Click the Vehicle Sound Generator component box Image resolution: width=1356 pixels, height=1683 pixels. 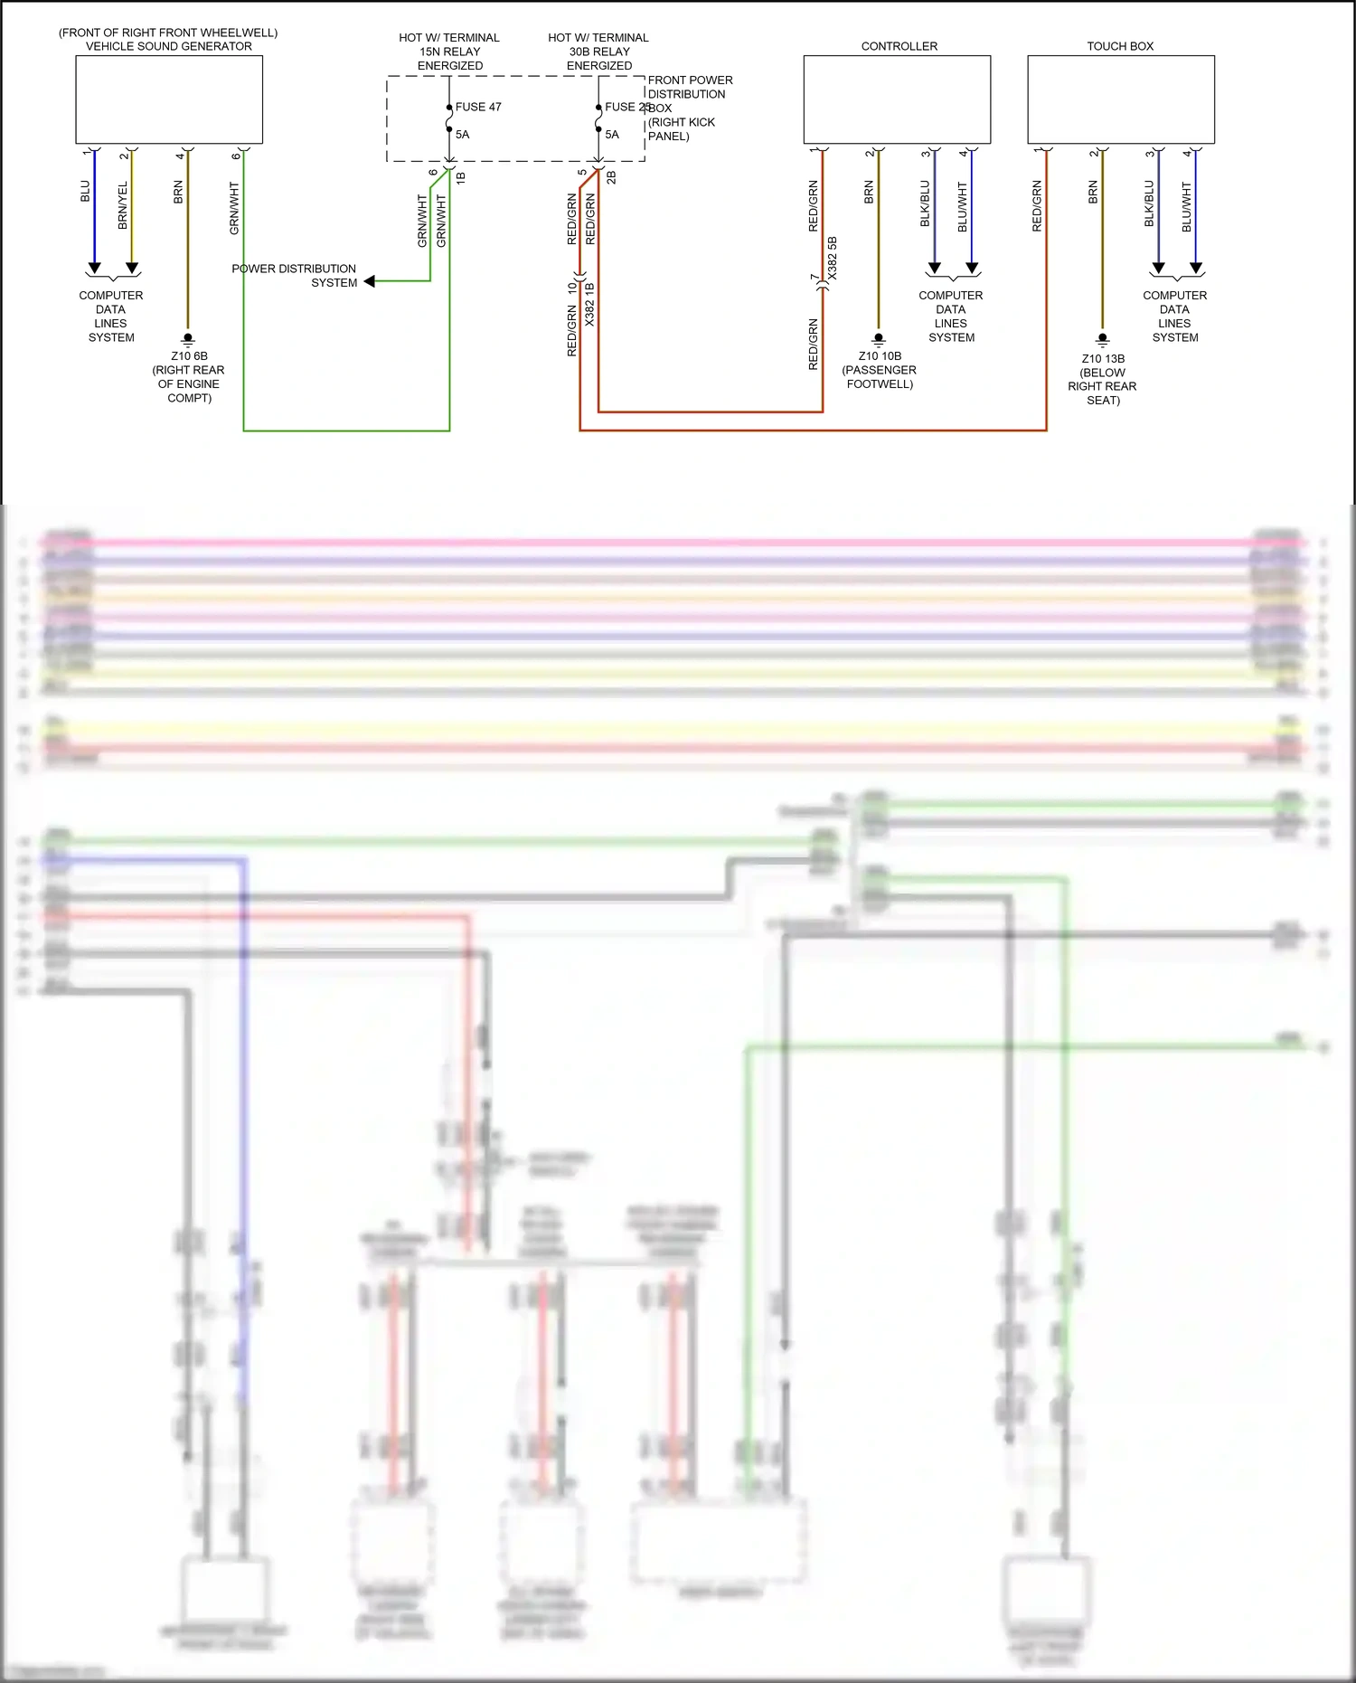click(x=169, y=99)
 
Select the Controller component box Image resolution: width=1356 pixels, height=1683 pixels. click(x=897, y=99)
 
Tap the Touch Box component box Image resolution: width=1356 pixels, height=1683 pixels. click(x=1120, y=99)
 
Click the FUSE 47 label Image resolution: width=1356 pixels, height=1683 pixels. click(x=478, y=107)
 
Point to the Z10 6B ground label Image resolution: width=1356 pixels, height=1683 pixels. click(x=189, y=356)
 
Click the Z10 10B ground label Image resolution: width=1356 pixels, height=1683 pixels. click(x=880, y=356)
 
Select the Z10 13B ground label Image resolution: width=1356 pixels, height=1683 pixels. click(x=1103, y=359)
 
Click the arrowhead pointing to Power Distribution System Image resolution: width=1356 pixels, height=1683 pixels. click(x=369, y=282)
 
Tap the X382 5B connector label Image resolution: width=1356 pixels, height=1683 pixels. click(x=833, y=259)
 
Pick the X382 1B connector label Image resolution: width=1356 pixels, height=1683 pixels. click(x=589, y=304)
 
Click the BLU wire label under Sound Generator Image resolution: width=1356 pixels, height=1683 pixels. click(x=85, y=192)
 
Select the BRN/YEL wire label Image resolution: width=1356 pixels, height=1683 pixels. click(x=123, y=205)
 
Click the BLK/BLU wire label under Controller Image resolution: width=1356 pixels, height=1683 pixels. click(x=925, y=203)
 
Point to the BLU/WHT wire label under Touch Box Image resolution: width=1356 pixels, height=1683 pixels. click(x=1187, y=207)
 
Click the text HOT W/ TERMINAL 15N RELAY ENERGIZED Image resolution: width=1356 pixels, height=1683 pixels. click(x=449, y=52)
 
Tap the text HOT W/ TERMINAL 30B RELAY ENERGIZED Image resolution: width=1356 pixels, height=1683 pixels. click(x=598, y=52)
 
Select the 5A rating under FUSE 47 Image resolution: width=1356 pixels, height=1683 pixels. click(x=462, y=135)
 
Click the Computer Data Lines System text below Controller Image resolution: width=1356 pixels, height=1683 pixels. click(x=951, y=317)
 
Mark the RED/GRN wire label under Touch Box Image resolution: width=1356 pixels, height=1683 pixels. click(x=1037, y=207)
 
